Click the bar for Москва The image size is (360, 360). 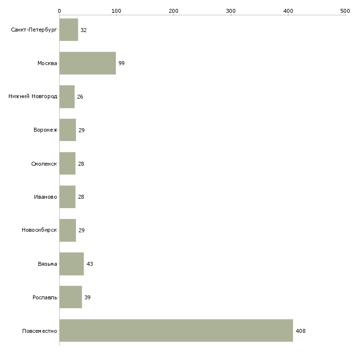pyautogui.click(x=88, y=63)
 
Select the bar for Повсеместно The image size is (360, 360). pyautogui.click(x=176, y=330)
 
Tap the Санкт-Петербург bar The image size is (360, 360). pyautogui.click(x=69, y=30)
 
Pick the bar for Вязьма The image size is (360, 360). pyautogui.click(x=72, y=264)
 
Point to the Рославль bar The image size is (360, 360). pyautogui.click(x=71, y=297)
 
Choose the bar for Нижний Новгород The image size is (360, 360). pyautogui.click(x=67, y=97)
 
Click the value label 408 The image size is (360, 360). pyautogui.click(x=300, y=331)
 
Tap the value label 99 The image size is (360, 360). pyautogui.click(x=121, y=63)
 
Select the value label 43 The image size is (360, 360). pyautogui.click(x=90, y=264)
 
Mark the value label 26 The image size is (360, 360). pyautogui.click(x=80, y=97)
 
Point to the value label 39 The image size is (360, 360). pyautogui.click(x=87, y=297)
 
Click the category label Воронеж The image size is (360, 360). pyautogui.click(x=45, y=130)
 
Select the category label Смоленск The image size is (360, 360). pyautogui.click(x=44, y=164)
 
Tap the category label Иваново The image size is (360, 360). pyautogui.click(x=45, y=197)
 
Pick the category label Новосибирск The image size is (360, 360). pyautogui.click(x=39, y=230)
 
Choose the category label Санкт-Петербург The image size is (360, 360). pyautogui.click(x=34, y=30)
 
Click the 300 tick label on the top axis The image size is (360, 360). pyautogui.click(x=231, y=11)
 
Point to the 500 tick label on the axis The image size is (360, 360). pyautogui.click(x=345, y=11)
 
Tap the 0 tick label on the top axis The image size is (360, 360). pyautogui.click(x=60, y=11)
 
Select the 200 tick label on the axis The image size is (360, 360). pyautogui.click(x=174, y=11)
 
